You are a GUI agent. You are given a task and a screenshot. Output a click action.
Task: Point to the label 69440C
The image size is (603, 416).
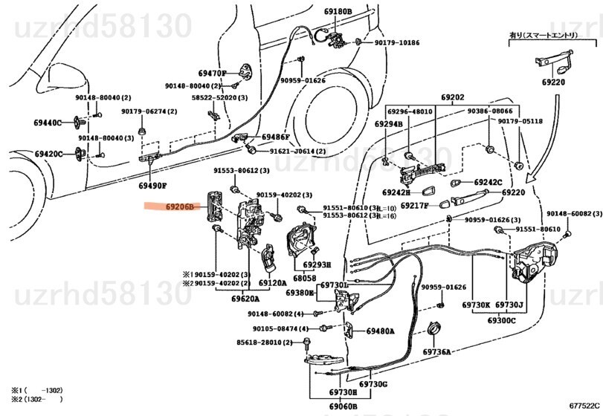pos(48,123)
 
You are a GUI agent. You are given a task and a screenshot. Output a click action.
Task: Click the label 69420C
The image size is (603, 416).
pos(48,155)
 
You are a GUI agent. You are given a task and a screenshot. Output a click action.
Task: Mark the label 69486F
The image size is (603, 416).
pos(275,137)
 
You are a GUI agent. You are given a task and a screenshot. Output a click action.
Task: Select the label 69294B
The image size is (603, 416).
pos(388,124)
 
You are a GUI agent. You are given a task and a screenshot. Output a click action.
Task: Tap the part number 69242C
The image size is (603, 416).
pos(488,181)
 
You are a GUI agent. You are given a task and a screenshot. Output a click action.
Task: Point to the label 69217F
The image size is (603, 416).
pos(415,205)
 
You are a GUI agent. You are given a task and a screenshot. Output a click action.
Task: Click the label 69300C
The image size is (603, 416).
pos(502,320)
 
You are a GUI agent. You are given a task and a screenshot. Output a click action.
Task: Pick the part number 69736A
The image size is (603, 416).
pos(437,352)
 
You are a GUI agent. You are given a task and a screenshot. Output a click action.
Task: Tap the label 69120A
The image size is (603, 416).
pos(272,283)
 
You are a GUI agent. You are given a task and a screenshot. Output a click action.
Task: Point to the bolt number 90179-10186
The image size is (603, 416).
pos(397,42)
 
